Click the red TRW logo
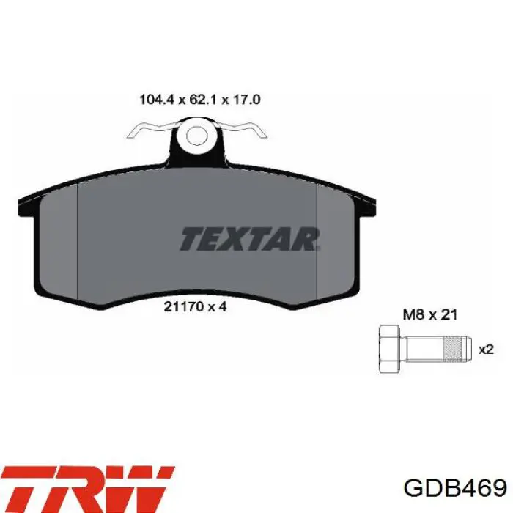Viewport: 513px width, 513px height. pyautogui.click(x=88, y=489)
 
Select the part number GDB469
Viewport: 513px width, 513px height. pyautogui.click(x=455, y=489)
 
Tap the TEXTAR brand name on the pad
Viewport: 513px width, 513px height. pyautogui.click(x=250, y=239)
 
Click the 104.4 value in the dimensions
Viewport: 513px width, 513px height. pyautogui.click(x=156, y=100)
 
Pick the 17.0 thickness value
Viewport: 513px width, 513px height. pyautogui.click(x=246, y=100)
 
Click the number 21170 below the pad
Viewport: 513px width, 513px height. pyautogui.click(x=183, y=306)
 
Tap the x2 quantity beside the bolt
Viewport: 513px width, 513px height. pyautogui.click(x=486, y=350)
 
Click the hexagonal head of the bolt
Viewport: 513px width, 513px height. pyautogui.click(x=388, y=349)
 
